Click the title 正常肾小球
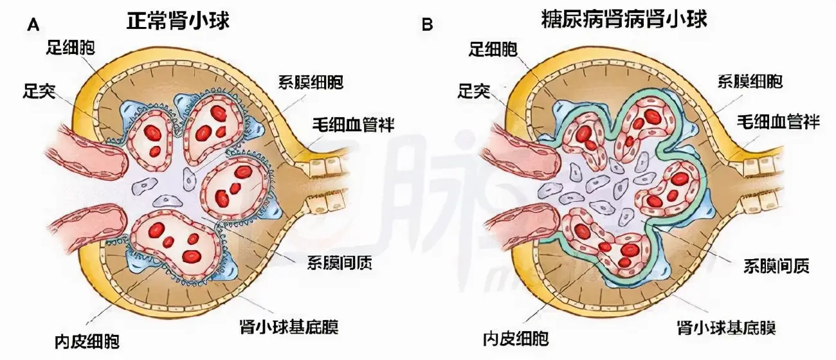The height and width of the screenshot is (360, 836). point(178,21)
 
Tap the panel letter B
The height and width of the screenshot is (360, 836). point(426,26)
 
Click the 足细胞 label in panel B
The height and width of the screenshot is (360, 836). point(495,49)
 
